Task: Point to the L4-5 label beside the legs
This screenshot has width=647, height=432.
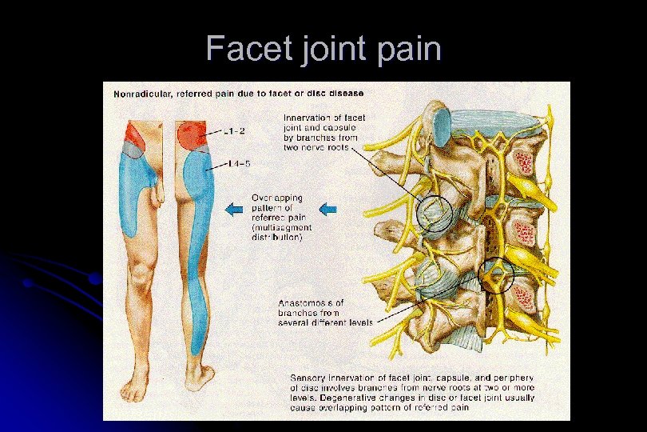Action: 237,164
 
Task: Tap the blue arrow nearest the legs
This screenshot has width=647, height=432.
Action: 234,210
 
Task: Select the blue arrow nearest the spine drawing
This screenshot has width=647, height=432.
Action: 327,210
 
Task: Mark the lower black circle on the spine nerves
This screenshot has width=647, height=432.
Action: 496,274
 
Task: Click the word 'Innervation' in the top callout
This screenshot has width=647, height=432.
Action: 309,118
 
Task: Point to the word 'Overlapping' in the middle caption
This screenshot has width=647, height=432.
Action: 276,197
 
